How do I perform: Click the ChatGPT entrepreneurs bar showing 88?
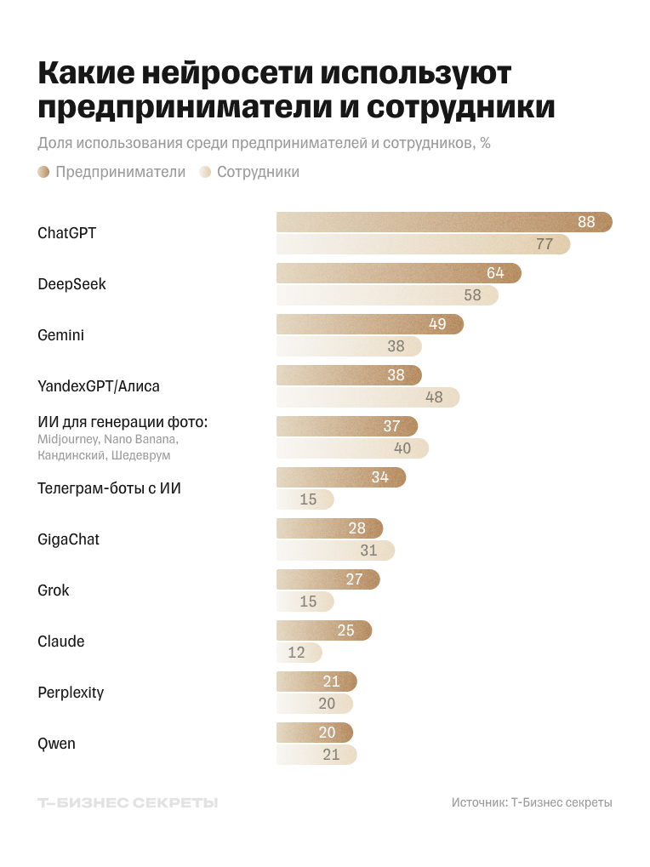pos(442,222)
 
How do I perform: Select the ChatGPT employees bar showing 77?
pos(422,244)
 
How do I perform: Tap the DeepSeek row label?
pos(71,284)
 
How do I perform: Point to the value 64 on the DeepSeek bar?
pos(495,273)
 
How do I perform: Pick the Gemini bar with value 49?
pos(369,324)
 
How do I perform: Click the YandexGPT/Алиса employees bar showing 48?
pos(367,397)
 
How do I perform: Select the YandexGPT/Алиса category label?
pos(98,386)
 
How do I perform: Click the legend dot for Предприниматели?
pos(43,172)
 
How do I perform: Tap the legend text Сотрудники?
pos(258,172)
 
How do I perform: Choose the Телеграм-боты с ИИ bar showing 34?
pos(340,477)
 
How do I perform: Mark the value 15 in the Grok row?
pos(308,602)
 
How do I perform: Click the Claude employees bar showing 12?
pos(299,653)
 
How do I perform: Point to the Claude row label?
pos(60,642)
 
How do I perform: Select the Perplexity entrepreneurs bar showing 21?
pos(316,682)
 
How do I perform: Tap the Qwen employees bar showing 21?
pos(316,755)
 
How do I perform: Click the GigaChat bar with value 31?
pos(335,550)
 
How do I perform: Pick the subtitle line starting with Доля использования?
pos(264,143)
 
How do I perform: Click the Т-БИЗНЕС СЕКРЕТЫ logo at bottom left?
pos(128,802)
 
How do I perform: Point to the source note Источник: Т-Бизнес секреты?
pos(532,802)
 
